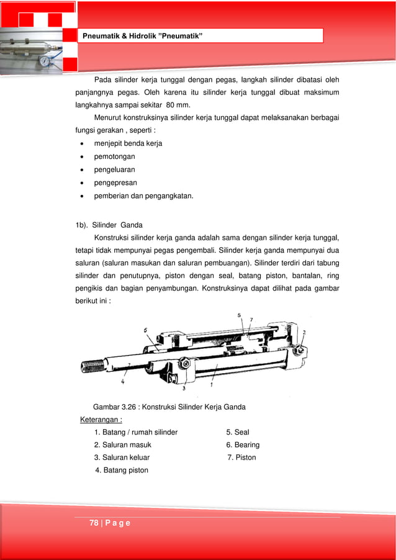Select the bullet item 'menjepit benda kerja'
coord(128,143)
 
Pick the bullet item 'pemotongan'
coord(114,156)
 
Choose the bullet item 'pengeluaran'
coord(114,169)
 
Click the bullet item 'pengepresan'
coord(115,183)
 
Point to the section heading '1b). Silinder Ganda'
coord(109,225)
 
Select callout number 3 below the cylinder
coord(184,388)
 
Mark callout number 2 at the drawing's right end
coord(304,333)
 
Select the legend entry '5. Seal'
coord(237,432)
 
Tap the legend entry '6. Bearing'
coord(243,445)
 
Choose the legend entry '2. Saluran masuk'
coord(122,445)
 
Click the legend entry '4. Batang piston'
coord(122,470)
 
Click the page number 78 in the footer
coord(94,523)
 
